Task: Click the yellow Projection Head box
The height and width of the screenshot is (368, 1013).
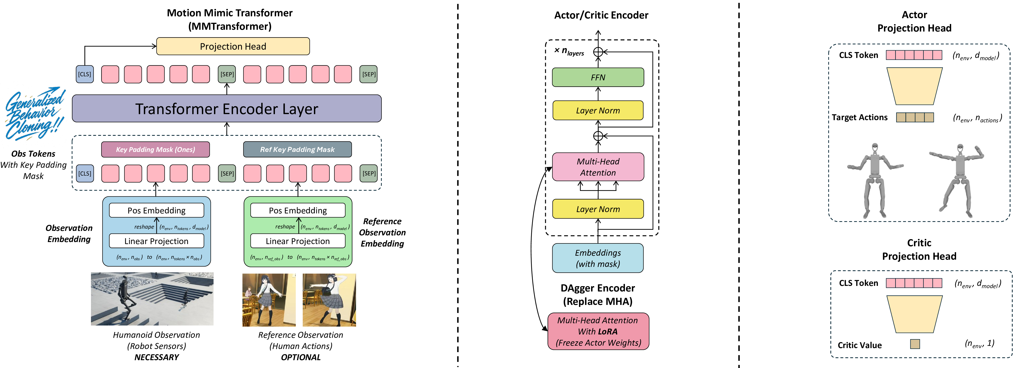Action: click(233, 46)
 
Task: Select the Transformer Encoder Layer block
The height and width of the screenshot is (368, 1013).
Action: click(227, 108)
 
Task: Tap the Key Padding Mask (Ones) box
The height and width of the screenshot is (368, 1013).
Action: click(155, 149)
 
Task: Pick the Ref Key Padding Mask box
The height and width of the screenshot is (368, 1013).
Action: click(297, 149)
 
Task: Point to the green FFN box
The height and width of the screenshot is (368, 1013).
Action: click(598, 77)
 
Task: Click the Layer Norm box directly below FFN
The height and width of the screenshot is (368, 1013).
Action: click(598, 110)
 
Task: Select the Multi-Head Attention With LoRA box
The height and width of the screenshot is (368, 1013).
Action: click(598, 331)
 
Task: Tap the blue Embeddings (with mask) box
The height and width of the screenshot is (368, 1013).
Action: click(598, 258)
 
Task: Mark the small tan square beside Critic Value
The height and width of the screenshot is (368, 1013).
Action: click(915, 344)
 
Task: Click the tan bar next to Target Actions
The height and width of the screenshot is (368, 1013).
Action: click(915, 117)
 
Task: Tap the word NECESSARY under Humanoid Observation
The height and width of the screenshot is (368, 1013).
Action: click(157, 357)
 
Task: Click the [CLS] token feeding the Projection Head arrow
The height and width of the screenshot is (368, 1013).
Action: click(84, 74)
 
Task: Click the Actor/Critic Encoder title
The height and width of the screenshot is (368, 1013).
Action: click(601, 15)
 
